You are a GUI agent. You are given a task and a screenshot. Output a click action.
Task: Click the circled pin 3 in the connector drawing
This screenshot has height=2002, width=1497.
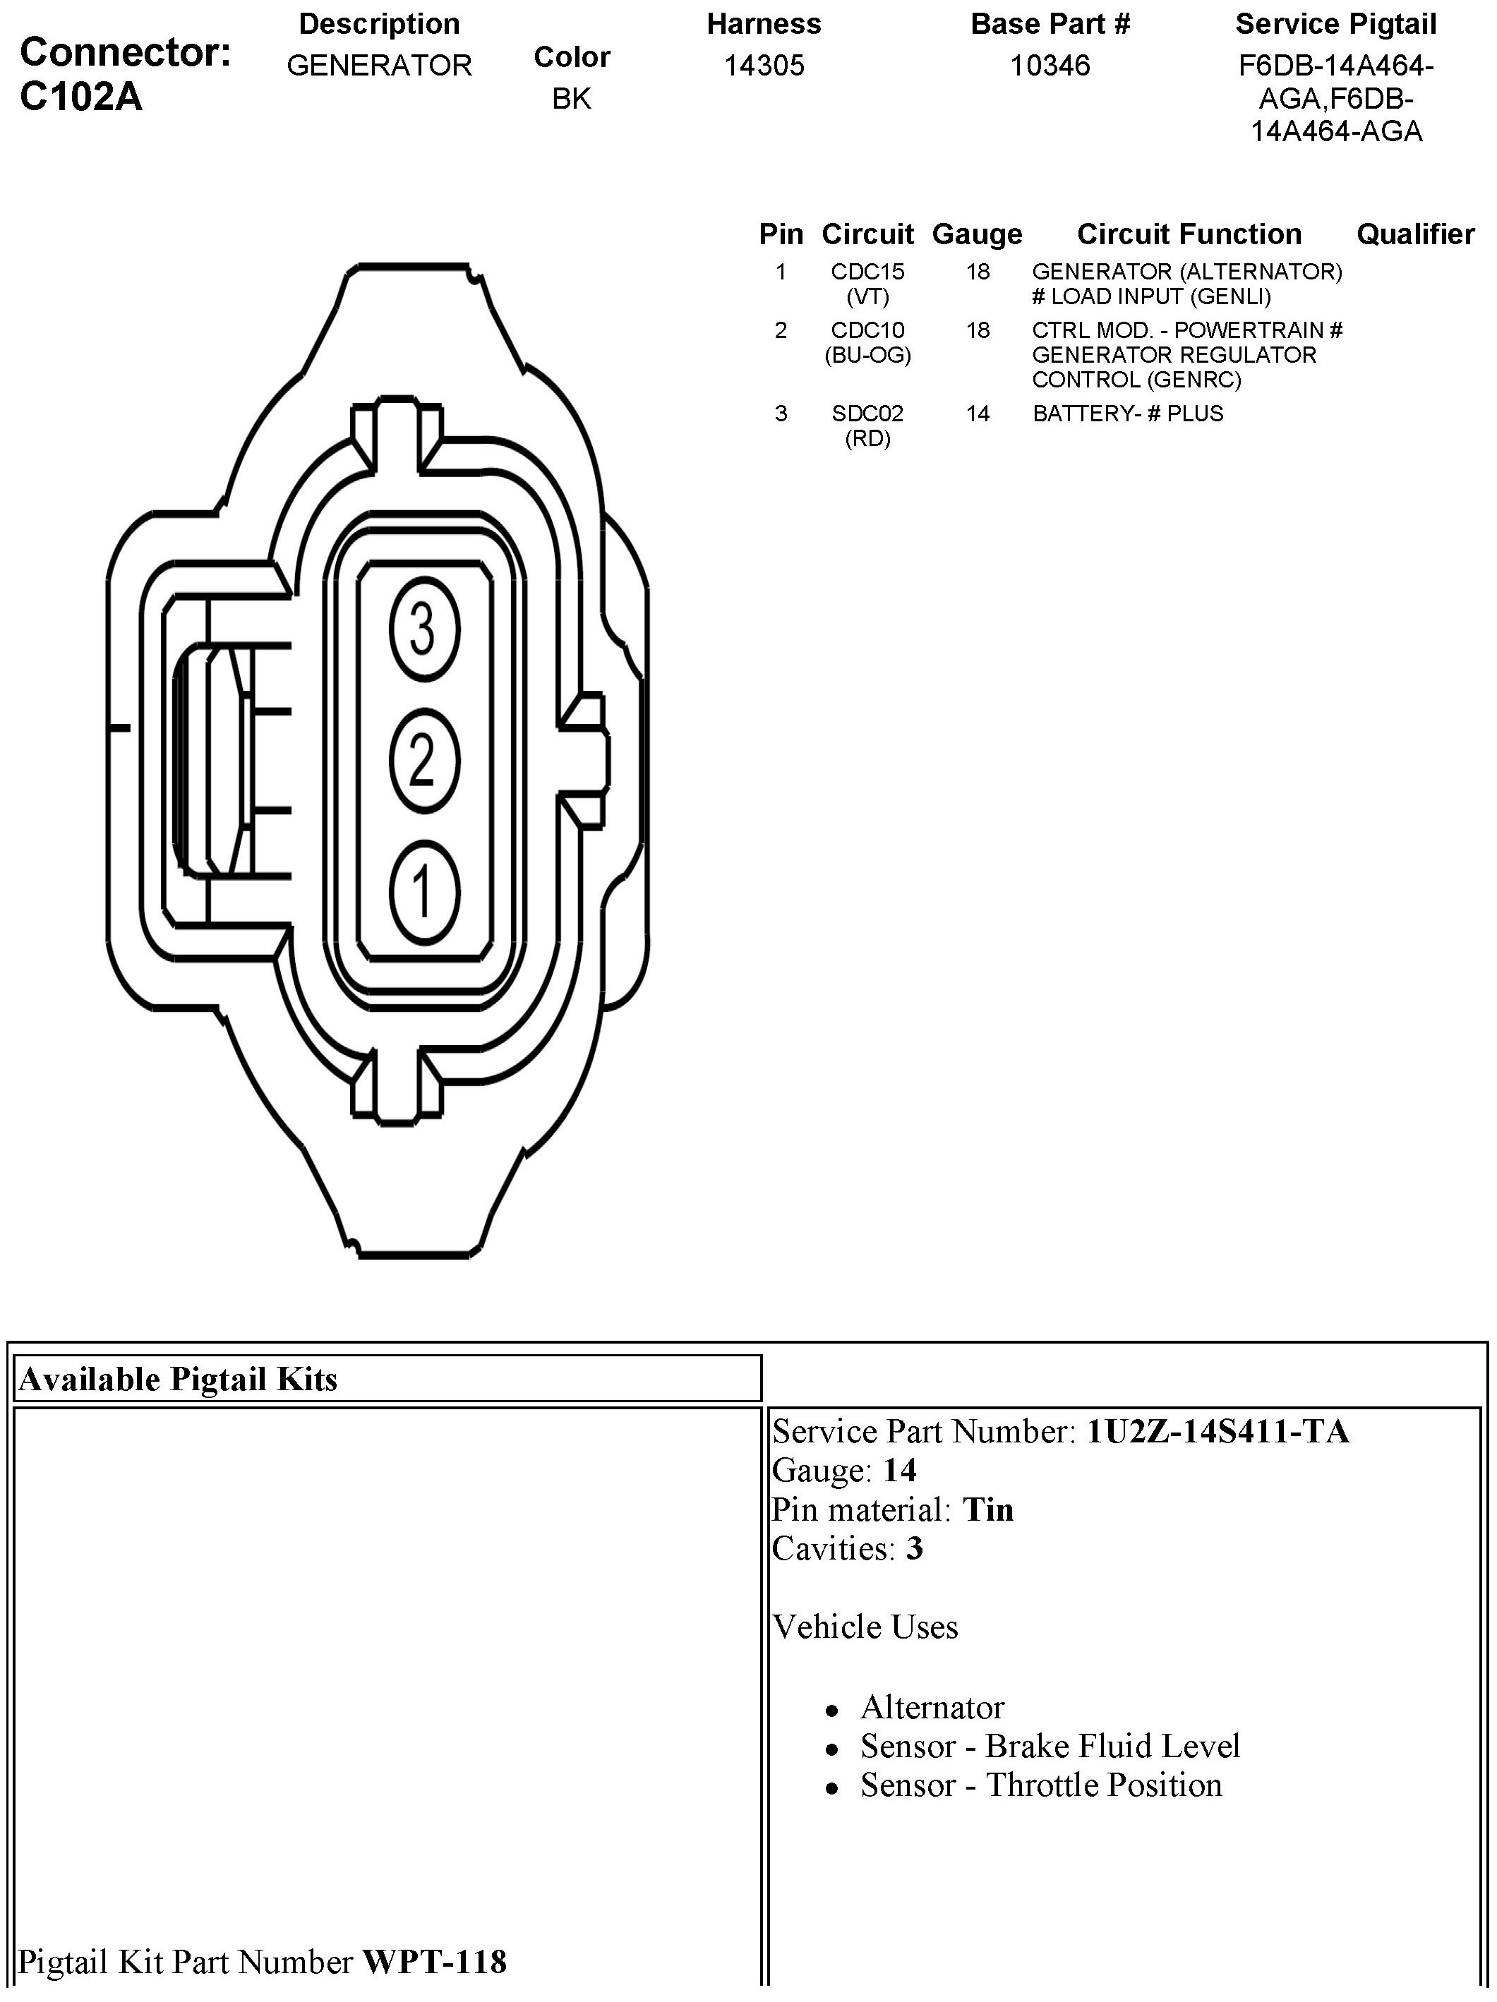[x=423, y=628]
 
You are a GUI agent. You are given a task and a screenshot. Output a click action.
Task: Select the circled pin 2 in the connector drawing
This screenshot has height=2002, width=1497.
[x=423, y=760]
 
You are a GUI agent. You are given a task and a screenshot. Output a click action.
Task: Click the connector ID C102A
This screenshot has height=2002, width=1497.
[x=80, y=97]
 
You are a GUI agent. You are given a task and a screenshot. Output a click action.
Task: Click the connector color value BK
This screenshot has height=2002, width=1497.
[x=571, y=99]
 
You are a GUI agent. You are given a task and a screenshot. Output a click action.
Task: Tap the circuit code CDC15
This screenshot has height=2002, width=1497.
[x=867, y=272]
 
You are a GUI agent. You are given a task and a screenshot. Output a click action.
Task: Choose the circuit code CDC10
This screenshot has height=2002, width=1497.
[x=867, y=330]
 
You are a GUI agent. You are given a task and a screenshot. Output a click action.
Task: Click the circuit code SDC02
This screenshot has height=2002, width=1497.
[x=867, y=414]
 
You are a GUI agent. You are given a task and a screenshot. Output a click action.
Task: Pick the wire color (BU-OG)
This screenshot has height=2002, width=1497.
[x=867, y=356]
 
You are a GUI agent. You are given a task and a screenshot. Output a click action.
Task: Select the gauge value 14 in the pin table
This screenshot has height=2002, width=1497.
[x=978, y=414]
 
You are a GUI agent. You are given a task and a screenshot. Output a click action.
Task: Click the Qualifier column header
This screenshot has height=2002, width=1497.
[x=1414, y=234]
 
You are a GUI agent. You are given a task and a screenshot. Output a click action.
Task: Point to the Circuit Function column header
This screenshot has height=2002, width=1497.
[x=1189, y=234]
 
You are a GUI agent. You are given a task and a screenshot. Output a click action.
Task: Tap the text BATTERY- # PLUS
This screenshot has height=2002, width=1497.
[x=1127, y=414]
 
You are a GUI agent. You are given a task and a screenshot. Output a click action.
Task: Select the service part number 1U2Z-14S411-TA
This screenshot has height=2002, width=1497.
[x=1218, y=1431]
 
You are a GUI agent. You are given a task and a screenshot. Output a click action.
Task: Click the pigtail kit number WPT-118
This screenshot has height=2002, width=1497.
[x=435, y=1961]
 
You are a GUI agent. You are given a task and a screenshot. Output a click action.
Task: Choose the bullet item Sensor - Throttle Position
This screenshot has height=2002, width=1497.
[x=1041, y=1785]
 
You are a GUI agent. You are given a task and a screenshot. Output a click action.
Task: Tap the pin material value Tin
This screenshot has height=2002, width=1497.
[x=987, y=1509]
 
